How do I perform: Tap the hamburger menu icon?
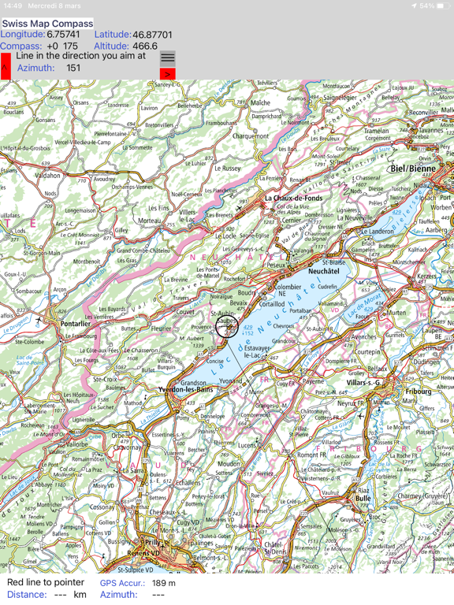168,58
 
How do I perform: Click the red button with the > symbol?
167,74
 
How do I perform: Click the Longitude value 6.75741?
63,35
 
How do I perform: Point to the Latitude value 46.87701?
153,35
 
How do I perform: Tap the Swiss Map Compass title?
47,24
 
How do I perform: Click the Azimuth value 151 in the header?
73,68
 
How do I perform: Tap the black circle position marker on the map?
227,326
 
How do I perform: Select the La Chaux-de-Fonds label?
292,199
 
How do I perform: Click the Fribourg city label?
418,392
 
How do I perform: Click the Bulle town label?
363,499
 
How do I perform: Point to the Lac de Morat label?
364,301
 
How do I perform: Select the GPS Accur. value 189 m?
164,583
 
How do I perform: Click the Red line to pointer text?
46,582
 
